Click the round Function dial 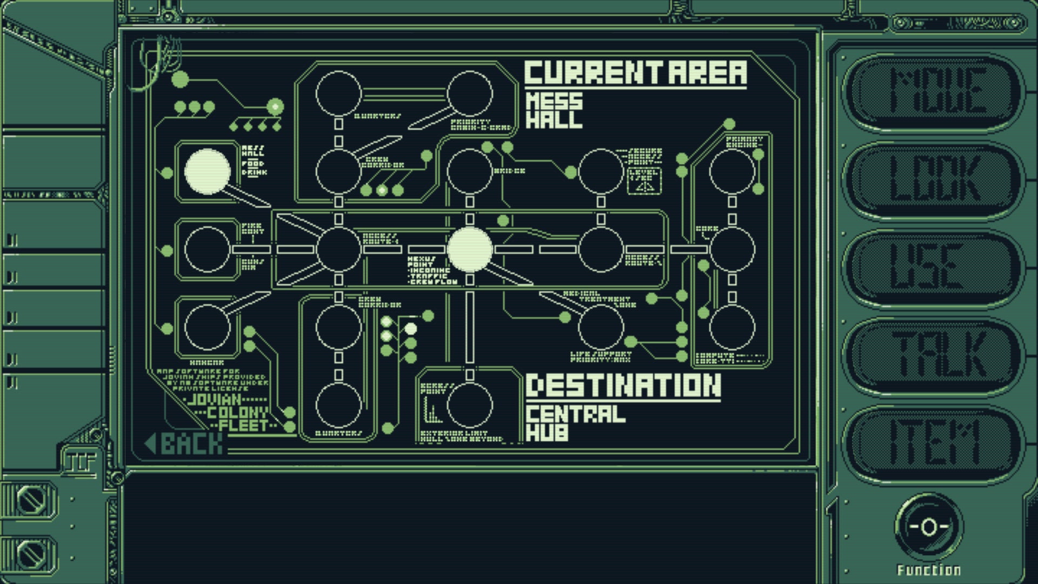pyautogui.click(x=928, y=526)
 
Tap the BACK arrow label pyautogui.click(x=184, y=443)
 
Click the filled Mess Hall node pyautogui.click(x=207, y=171)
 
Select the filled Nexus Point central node pyautogui.click(x=470, y=249)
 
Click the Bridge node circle pyautogui.click(x=470, y=171)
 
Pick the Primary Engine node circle pyautogui.click(x=732, y=171)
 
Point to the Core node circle pyautogui.click(x=732, y=249)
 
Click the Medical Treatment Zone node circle pyautogui.click(x=601, y=327)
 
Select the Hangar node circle pyautogui.click(x=207, y=327)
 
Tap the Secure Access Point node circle pyautogui.click(x=601, y=171)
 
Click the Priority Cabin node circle pyautogui.click(x=470, y=94)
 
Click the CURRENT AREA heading pyautogui.click(x=635, y=73)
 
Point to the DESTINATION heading pyautogui.click(x=623, y=386)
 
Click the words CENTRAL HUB pyautogui.click(x=575, y=423)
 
